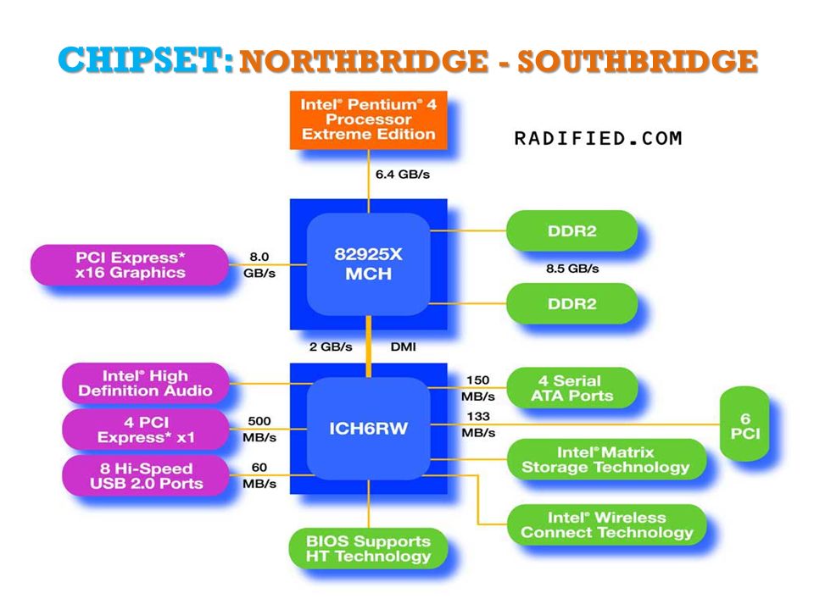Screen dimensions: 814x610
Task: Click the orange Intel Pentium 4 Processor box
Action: coord(369,120)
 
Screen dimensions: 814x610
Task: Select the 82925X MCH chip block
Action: coord(369,264)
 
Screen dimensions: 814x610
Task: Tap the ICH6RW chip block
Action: coord(369,429)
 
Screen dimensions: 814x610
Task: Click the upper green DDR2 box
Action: coord(571,230)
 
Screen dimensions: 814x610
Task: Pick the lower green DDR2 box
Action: coord(571,303)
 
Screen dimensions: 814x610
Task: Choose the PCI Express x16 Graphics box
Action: coord(130,265)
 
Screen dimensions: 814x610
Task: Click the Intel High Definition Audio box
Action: coord(145,383)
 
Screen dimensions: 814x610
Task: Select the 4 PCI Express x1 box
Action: coord(145,430)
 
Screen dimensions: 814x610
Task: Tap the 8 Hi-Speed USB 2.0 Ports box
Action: coord(145,475)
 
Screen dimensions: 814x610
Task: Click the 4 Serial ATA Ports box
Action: coord(571,388)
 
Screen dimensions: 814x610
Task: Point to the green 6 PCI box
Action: coord(744,424)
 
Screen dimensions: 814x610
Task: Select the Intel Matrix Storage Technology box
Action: coord(605,459)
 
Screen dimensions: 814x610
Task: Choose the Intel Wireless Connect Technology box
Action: coord(606,525)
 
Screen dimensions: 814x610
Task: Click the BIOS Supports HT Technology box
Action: coord(368,548)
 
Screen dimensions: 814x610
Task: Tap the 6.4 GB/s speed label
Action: coord(402,175)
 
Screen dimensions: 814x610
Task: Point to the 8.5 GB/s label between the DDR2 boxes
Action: coord(572,269)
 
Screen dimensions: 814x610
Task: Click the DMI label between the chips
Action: coord(403,347)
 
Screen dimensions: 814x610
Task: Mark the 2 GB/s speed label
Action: coord(331,347)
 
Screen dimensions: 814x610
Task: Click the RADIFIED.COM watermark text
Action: coord(598,138)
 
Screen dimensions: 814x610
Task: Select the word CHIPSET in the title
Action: coord(145,59)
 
